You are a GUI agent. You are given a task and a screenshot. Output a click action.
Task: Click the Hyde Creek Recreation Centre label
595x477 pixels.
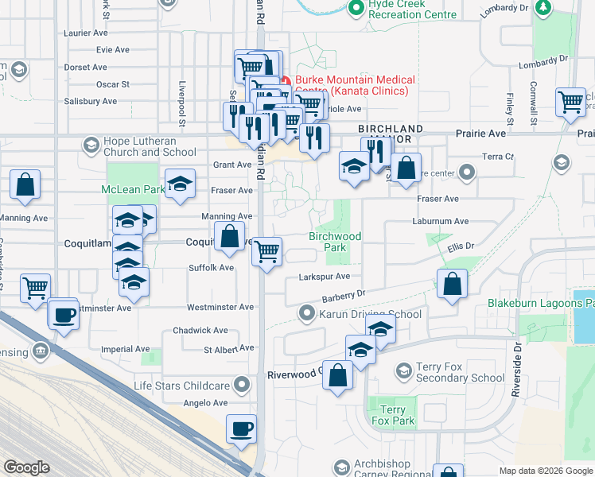click(406, 10)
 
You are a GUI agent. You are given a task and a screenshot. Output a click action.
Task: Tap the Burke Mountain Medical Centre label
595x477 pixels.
click(355, 85)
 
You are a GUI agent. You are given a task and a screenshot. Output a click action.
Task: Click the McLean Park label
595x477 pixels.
click(132, 189)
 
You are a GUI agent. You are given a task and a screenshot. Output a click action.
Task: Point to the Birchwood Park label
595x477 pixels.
click(335, 242)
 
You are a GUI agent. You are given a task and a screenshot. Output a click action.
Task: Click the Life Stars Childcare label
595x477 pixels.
click(182, 386)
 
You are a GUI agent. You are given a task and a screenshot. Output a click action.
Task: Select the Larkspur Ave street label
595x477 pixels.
click(324, 277)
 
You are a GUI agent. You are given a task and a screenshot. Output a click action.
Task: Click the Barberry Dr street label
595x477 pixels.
click(342, 296)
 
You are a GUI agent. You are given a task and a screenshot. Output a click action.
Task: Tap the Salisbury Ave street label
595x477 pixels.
click(91, 102)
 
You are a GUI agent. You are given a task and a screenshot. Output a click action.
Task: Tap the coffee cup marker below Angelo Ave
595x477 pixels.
click(242, 429)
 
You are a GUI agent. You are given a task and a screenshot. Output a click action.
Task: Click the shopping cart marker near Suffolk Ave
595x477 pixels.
click(267, 252)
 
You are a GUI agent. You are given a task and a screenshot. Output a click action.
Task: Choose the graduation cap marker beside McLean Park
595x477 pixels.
click(180, 184)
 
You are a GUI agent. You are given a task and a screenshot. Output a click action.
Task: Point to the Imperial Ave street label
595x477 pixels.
click(126, 349)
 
